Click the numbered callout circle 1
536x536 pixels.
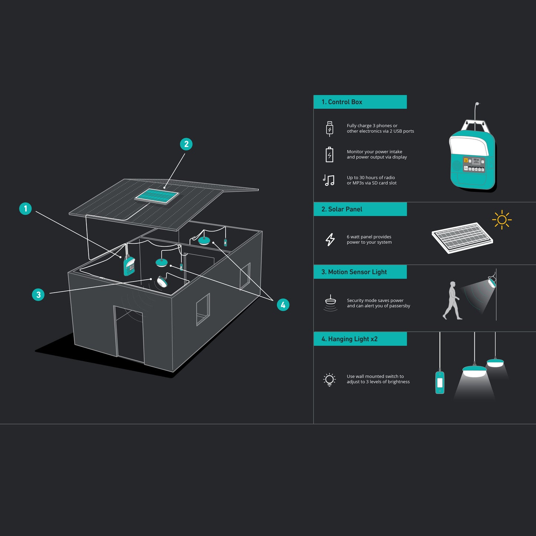(25, 208)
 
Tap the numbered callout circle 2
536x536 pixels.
(186, 144)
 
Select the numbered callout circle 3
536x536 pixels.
(38, 295)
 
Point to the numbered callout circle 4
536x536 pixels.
(283, 305)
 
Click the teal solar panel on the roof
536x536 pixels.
(157, 196)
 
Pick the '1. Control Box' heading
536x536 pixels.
(342, 102)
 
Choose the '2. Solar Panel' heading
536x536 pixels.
(342, 209)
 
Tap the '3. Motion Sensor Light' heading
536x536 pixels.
(354, 272)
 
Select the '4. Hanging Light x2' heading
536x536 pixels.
(349, 339)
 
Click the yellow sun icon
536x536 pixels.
(502, 220)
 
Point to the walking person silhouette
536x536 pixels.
(452, 300)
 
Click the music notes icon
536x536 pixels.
(329, 180)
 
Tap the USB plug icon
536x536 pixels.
(330, 129)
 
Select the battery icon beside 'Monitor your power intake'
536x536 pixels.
(330, 155)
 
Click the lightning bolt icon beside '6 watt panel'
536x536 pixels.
(330, 240)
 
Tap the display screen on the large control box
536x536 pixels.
(474, 164)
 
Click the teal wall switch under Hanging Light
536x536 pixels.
(440, 382)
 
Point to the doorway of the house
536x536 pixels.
(129, 334)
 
